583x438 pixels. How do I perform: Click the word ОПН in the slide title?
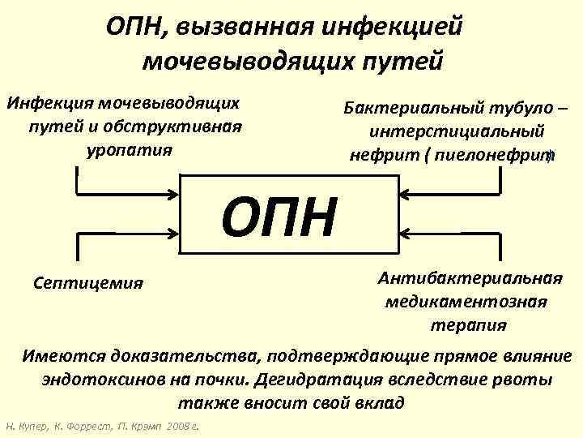pyautogui.click(x=134, y=26)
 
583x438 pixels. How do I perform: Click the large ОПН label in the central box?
pyautogui.click(x=279, y=217)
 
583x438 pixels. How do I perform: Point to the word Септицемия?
pyautogui.click(x=89, y=282)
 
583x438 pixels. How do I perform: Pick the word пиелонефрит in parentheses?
pyautogui.click(x=497, y=154)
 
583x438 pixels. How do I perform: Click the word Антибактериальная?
pyautogui.click(x=470, y=278)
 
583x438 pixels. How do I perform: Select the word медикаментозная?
pyautogui.click(x=466, y=302)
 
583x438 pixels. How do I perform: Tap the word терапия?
pyautogui.click(x=468, y=324)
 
